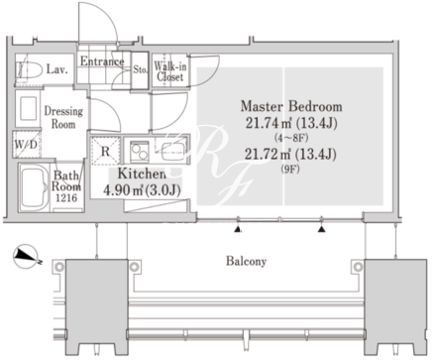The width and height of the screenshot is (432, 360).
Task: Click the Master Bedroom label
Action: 291,106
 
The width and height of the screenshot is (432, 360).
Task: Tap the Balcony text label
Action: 246,261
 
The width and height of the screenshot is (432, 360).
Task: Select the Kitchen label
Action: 142,174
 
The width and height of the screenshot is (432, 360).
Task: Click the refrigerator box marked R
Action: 105,151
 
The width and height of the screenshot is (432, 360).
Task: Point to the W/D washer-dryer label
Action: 26,145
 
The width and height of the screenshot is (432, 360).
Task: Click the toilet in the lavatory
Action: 30,70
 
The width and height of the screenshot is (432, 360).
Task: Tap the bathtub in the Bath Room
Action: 34,187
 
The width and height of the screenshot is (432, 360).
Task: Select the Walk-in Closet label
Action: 170,71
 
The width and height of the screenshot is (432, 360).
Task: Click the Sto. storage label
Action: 140,69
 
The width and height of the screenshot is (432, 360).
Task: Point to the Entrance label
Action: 102,61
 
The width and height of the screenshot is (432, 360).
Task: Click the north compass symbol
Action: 26,256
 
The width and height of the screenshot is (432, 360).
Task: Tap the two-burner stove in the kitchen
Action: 140,152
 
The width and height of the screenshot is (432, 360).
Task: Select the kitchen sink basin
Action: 174,150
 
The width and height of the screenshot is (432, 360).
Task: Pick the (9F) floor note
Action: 290,170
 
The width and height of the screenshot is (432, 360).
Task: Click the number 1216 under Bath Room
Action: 66,197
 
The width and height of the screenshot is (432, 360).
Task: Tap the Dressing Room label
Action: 63,117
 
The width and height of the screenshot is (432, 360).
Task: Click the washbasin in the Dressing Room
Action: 28,108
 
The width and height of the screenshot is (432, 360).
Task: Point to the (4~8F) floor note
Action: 291,138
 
